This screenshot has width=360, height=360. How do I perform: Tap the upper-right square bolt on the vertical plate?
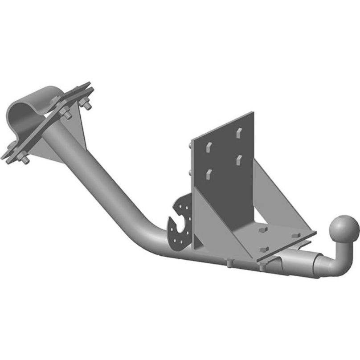click(x=239, y=132)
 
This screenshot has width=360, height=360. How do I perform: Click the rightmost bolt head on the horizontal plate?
click(x=294, y=233)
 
